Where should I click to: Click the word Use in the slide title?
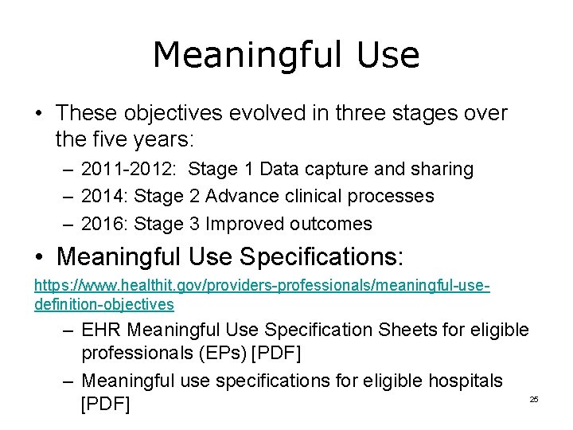pos(388,56)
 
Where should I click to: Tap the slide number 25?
pos(534,398)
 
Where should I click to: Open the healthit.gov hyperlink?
pos(262,285)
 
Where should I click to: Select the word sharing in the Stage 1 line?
pos(439,170)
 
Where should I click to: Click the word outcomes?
pos(335,225)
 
